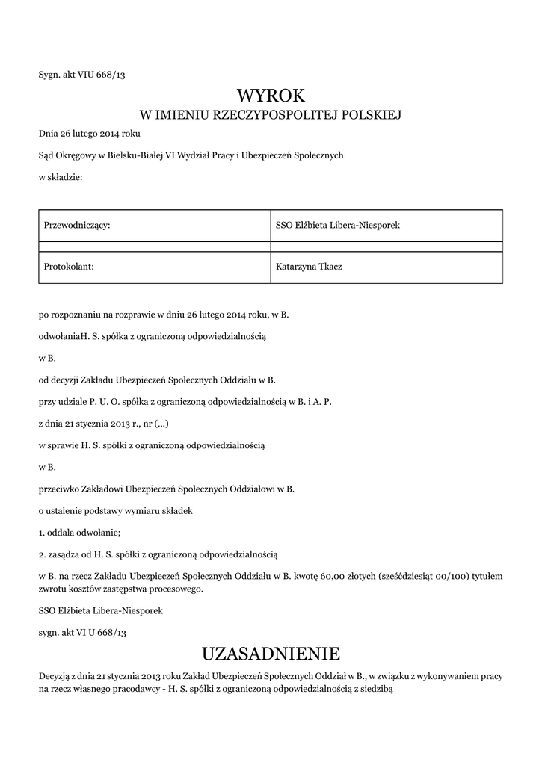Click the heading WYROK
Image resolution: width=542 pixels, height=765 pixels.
271,96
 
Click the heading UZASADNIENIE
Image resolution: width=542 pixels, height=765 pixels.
271,654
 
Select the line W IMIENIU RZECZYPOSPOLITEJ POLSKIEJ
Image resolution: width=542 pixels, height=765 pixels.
271,115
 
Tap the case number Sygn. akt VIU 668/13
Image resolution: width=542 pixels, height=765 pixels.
81,74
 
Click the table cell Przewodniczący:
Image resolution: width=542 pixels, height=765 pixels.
78,225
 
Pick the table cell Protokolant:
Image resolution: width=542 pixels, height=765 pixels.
70,267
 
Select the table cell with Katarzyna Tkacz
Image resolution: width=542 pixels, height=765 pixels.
309,267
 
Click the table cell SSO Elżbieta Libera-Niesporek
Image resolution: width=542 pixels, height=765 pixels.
338,225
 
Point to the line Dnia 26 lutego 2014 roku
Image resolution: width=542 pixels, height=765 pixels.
89,134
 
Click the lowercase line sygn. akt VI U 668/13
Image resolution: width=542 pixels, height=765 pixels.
82,632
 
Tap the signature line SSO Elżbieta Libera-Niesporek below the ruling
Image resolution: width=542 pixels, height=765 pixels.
101,610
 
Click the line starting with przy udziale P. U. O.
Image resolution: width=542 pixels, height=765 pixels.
185,401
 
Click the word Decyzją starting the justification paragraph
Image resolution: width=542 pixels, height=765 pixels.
55,675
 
